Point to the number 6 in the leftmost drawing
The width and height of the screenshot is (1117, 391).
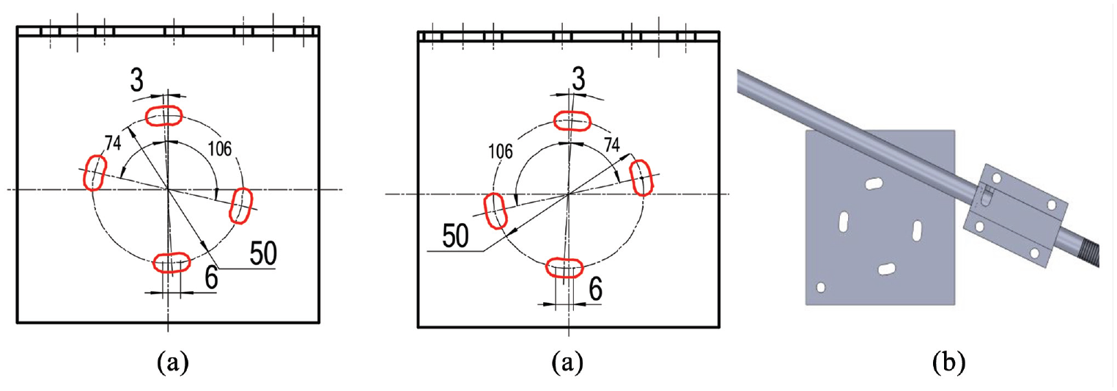pos(211,277)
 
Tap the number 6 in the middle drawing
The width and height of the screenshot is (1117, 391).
pos(595,288)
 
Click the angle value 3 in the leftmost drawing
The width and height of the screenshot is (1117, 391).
pos(136,81)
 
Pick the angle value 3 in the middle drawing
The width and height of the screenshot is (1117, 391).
pos(578,79)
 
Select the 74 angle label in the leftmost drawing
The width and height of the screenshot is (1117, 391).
pos(113,143)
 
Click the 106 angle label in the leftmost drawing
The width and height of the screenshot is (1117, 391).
pos(220,148)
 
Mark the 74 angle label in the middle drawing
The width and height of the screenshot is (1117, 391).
pos(612,145)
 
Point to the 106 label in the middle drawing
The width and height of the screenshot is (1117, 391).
pos(501,152)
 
